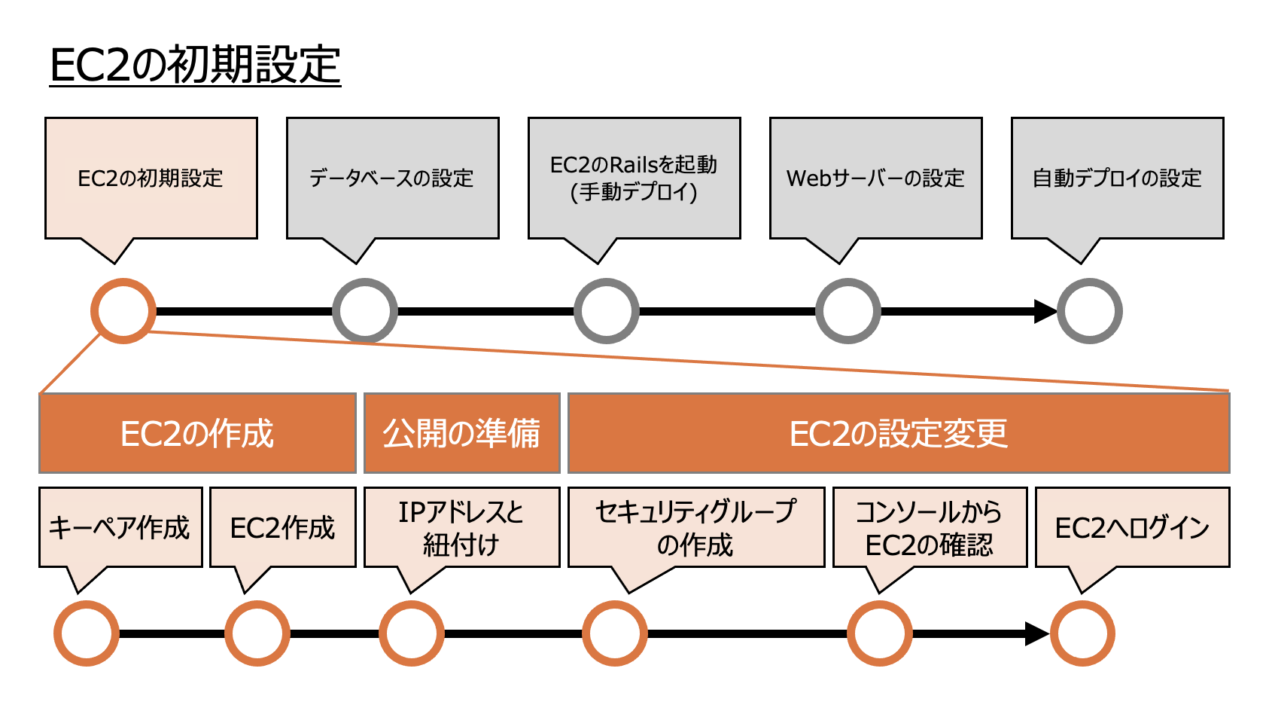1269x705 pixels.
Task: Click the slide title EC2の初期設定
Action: click(195, 65)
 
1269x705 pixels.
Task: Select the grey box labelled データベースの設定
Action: click(392, 179)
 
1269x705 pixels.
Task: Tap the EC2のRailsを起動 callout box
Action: click(634, 179)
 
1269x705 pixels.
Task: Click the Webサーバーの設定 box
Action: click(875, 179)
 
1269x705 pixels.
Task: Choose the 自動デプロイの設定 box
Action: click(1117, 179)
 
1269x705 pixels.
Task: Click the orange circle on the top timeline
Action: click(123, 311)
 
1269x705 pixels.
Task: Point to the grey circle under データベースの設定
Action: click(365, 311)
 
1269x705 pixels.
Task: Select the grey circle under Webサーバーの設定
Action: click(848, 311)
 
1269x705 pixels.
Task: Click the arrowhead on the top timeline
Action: click(1045, 311)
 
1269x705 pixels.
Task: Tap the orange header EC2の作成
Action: click(197, 433)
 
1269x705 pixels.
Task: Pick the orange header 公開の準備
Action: click(462, 433)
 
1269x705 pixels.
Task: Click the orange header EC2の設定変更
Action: click(899, 433)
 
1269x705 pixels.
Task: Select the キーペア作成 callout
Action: click(120, 527)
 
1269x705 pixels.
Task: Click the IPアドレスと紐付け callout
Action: click(462, 527)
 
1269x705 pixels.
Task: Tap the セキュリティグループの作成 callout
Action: click(696, 527)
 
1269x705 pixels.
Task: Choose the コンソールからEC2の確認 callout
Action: click(930, 527)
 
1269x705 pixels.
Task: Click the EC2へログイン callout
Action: click(1132, 527)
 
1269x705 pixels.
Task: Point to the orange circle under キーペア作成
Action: click(87, 633)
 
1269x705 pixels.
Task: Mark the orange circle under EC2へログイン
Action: click(1082, 633)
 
